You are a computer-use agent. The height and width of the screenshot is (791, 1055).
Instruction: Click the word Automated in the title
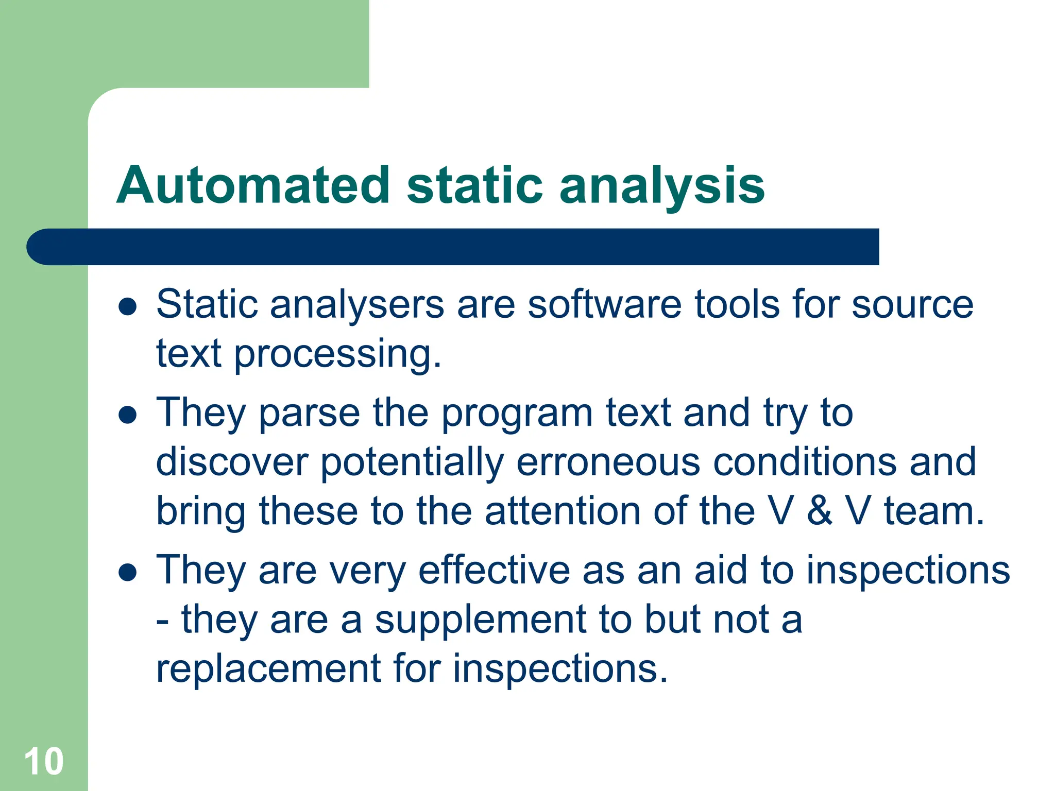(253, 185)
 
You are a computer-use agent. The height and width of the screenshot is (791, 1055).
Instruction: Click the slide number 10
(44, 761)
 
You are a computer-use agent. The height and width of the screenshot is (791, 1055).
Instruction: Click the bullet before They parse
(127, 415)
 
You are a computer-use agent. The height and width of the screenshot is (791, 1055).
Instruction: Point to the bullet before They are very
(127, 572)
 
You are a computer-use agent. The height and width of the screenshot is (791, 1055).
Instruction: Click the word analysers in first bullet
(357, 305)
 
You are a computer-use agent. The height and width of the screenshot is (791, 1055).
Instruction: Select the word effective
(494, 570)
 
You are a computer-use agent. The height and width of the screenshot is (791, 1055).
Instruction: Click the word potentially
(412, 462)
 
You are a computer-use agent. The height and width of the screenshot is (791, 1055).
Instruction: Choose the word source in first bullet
(912, 305)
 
